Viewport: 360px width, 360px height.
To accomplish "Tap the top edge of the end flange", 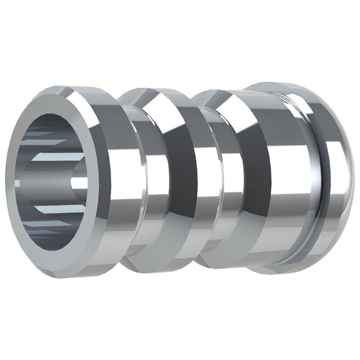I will point(288,85).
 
